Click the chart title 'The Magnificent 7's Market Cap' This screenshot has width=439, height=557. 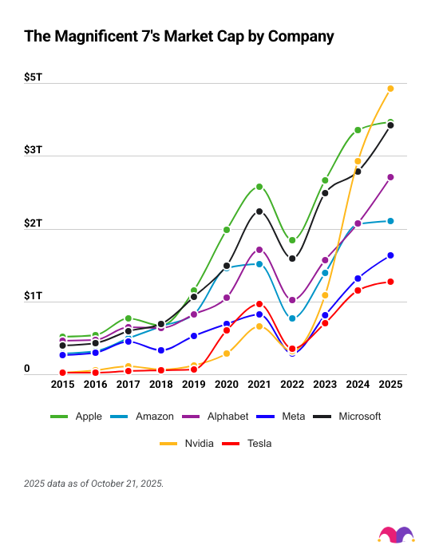coord(179,36)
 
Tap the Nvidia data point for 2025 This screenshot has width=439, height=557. coord(390,89)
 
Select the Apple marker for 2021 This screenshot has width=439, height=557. coord(259,187)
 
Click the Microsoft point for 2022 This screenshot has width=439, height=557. coord(292,259)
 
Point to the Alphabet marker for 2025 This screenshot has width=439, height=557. coord(390,177)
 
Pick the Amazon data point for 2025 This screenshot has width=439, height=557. coord(390,221)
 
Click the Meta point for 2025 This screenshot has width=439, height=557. coord(390,255)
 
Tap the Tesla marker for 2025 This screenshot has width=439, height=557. coord(390,282)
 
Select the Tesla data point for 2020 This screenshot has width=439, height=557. coord(227,330)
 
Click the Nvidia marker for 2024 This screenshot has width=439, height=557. coord(358,161)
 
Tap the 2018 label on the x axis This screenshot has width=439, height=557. coord(161,385)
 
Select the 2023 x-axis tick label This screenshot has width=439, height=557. coord(325,385)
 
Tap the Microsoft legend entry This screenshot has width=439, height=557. coord(348,417)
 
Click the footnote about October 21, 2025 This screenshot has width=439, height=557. coord(94,484)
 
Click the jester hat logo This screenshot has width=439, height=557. coord(396,535)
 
